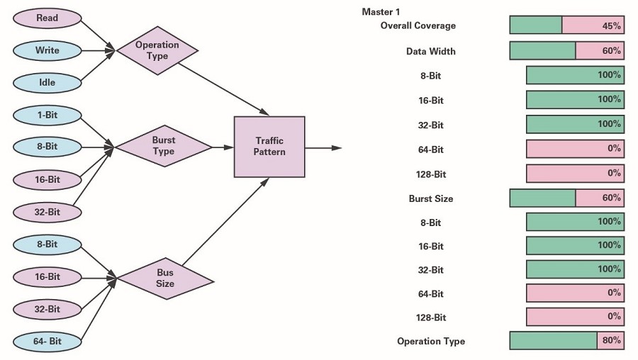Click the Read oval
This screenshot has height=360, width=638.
(x=47, y=18)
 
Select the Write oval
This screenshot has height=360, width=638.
(x=47, y=50)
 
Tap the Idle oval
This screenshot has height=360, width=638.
(x=47, y=83)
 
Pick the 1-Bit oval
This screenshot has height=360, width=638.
(x=47, y=115)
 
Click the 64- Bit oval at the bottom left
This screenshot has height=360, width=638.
(x=47, y=342)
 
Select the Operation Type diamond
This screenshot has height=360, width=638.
(x=157, y=51)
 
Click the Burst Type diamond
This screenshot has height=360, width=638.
(x=164, y=146)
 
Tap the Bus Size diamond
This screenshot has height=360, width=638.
(x=165, y=279)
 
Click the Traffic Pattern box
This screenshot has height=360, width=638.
(x=269, y=147)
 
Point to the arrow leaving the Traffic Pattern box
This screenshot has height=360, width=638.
(x=323, y=148)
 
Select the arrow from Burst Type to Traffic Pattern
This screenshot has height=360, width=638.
(x=223, y=147)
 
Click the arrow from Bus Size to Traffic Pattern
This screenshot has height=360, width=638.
(x=225, y=222)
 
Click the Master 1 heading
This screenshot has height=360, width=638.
(x=381, y=12)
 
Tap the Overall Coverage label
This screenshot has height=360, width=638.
(x=418, y=26)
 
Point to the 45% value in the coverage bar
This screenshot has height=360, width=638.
(x=612, y=26)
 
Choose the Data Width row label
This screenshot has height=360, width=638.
(x=431, y=51)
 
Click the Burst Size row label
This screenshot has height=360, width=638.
(x=431, y=198)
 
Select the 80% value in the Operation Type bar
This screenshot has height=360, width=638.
(x=612, y=340)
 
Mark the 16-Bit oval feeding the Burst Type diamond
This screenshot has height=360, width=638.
(x=47, y=180)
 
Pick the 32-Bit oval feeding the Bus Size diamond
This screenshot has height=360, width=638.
(x=47, y=309)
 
